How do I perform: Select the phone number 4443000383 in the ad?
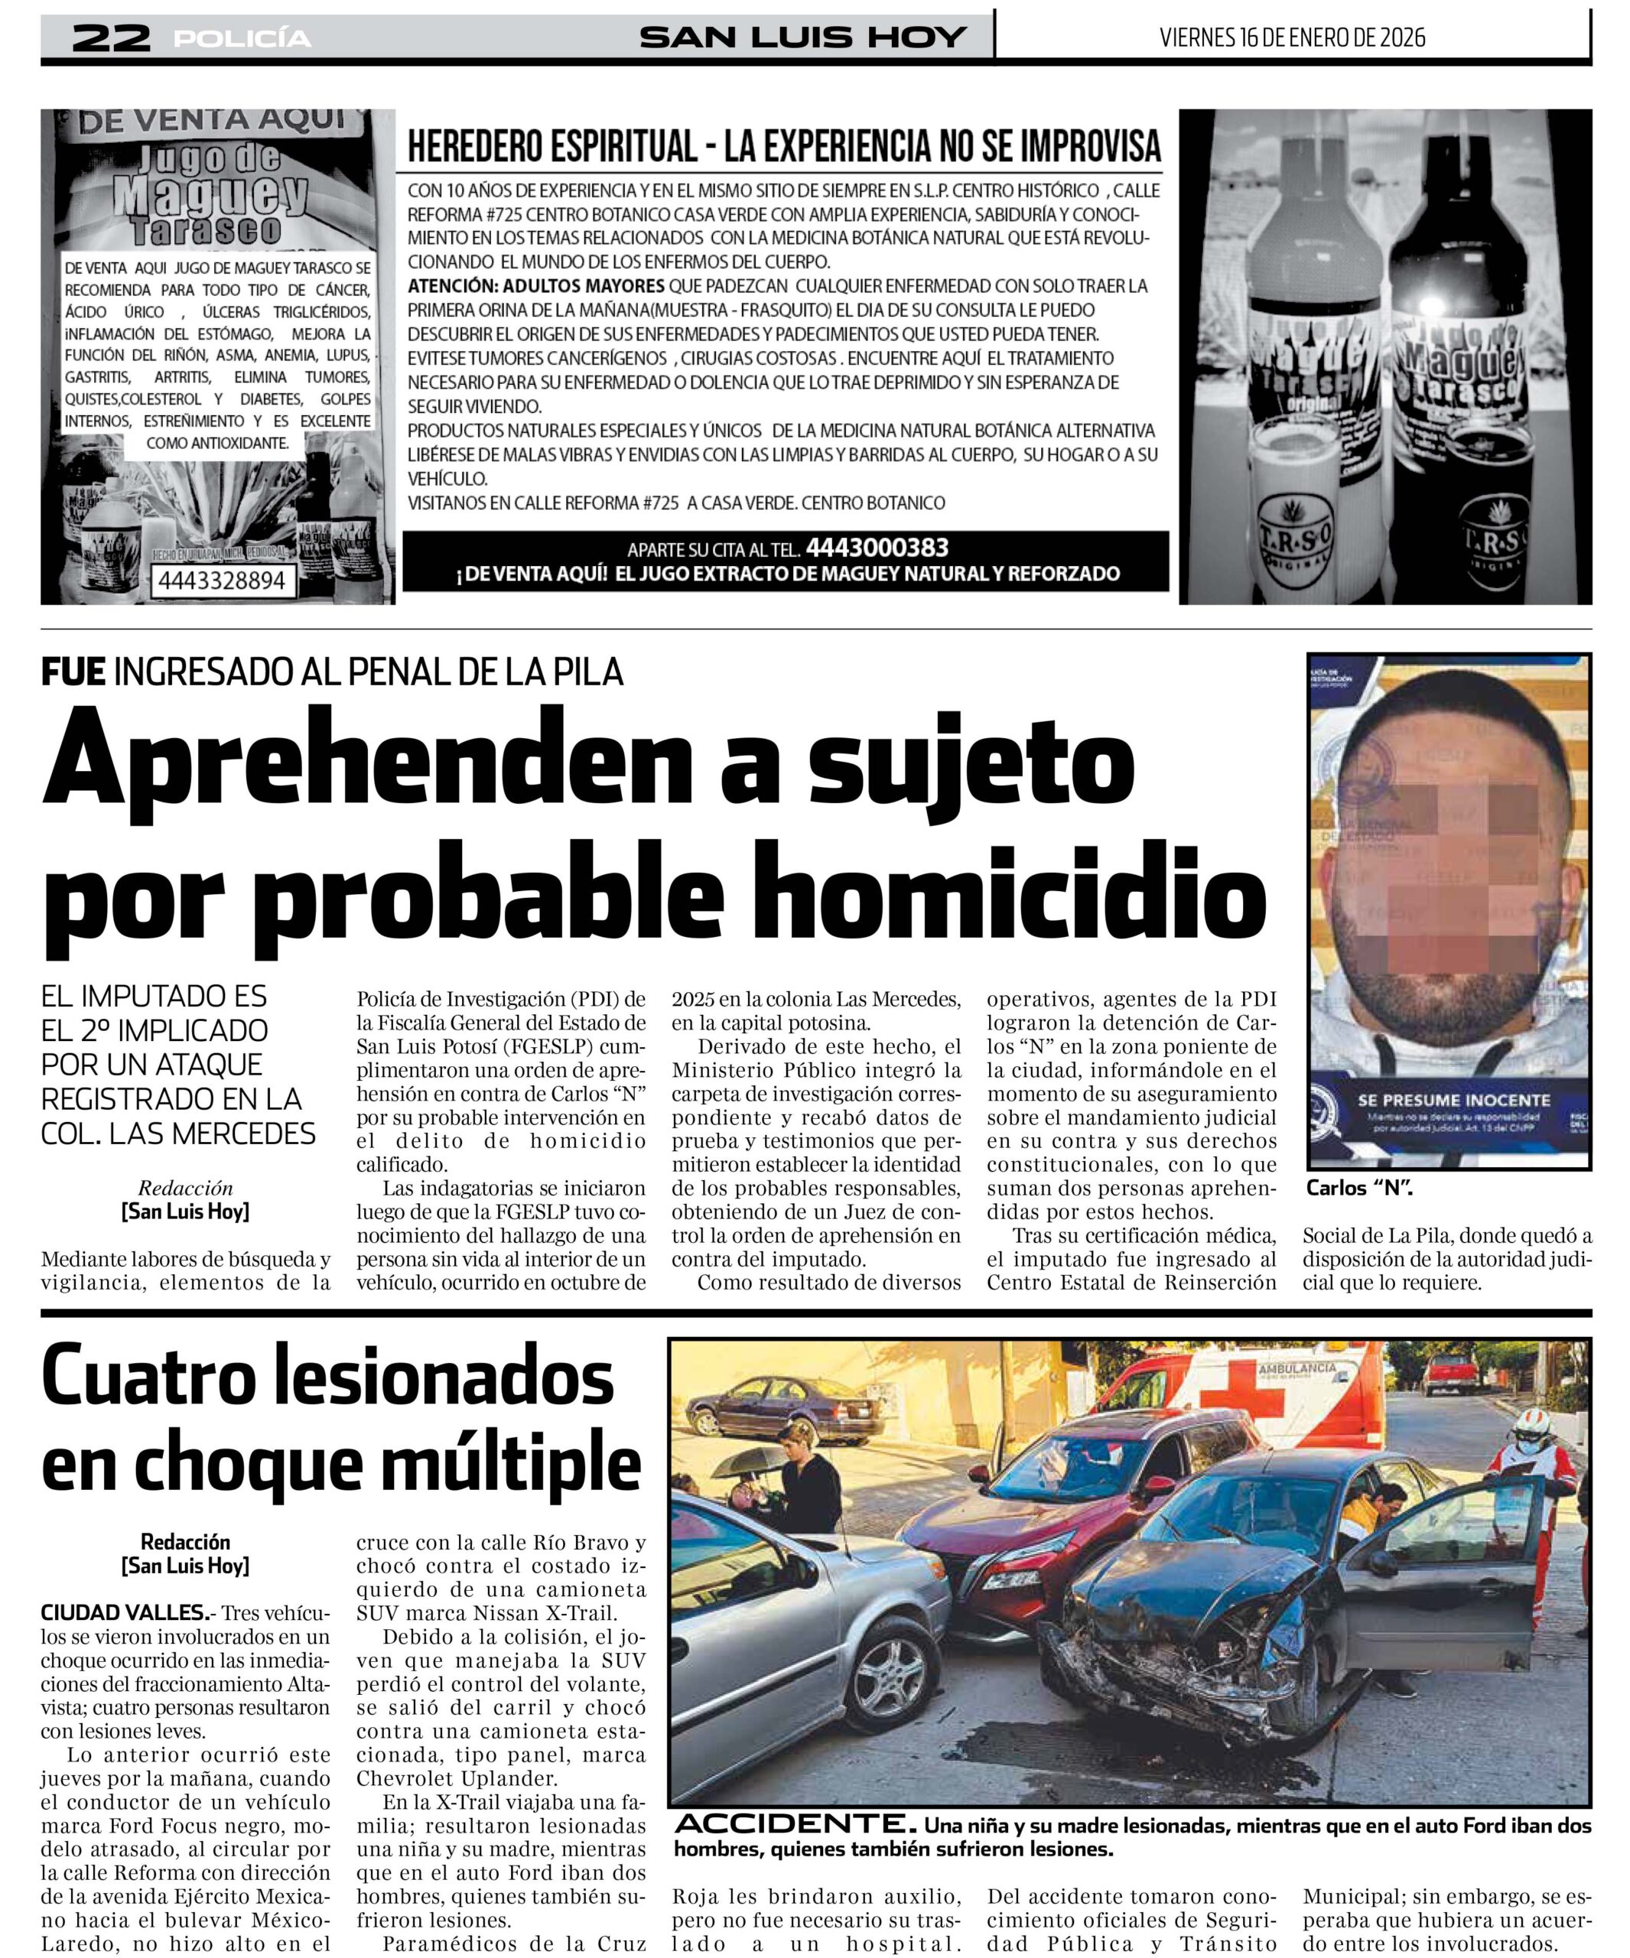pyautogui.click(x=877, y=548)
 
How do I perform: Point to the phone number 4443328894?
pyautogui.click(x=221, y=580)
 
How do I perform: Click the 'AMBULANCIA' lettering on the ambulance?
pyautogui.click(x=1297, y=1369)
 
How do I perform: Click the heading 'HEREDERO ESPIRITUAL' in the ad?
pyautogui.click(x=552, y=146)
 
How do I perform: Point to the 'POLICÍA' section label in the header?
pyautogui.click(x=242, y=38)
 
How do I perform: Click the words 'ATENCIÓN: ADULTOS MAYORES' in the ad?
pyautogui.click(x=536, y=286)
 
